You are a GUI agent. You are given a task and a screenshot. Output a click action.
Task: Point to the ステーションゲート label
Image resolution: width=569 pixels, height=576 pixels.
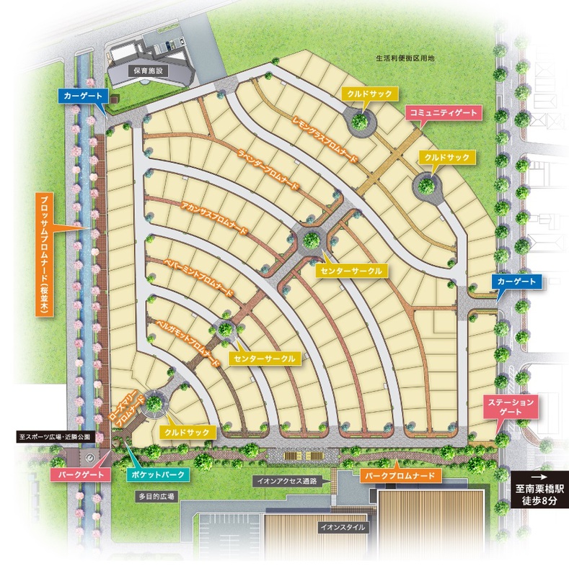tap(511, 405)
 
